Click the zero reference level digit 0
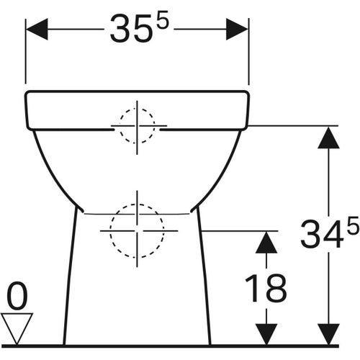(x=17, y=296)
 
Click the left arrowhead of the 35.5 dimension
(x=37, y=29)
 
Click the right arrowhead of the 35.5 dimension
(x=237, y=29)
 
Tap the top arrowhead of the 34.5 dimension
(x=328, y=137)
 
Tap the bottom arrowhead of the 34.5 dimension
(x=328, y=333)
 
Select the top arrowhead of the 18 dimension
(x=266, y=242)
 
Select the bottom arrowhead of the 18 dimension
(x=266, y=333)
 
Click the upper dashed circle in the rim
(x=137, y=127)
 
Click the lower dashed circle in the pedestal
(x=137, y=231)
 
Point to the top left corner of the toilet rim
(x=27, y=92)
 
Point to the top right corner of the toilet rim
(x=248, y=92)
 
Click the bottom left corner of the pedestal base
(x=64, y=344)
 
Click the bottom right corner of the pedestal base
(x=211, y=344)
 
